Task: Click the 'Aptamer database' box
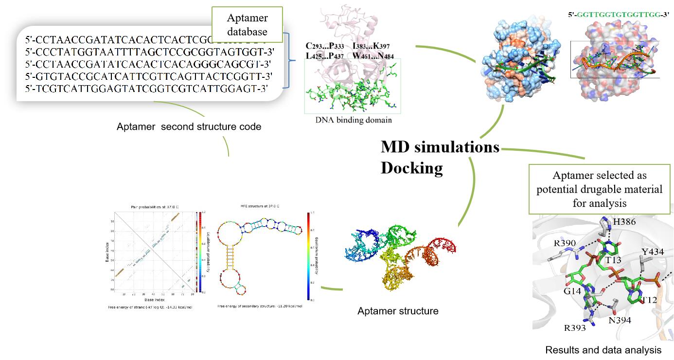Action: pyautogui.click(x=247, y=25)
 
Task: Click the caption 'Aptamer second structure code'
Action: pyautogui.click(x=189, y=127)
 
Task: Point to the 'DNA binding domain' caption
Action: pyautogui.click(x=354, y=120)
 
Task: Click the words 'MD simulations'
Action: pyautogui.click(x=440, y=146)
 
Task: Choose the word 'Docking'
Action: pyautogui.click(x=411, y=167)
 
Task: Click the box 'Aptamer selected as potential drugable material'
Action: pyautogui.click(x=599, y=189)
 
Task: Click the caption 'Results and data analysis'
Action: pyautogui.click(x=603, y=350)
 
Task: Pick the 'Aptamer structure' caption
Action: pyautogui.click(x=398, y=310)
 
